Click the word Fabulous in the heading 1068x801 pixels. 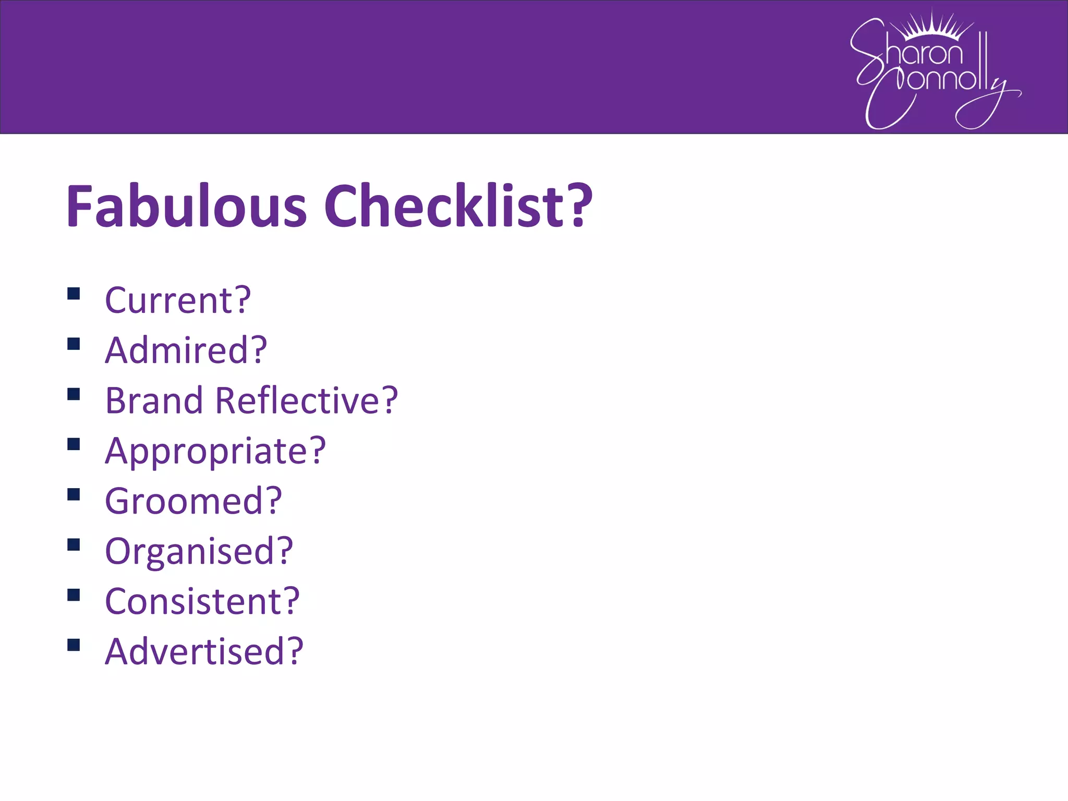click(x=186, y=206)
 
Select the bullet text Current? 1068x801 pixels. click(x=178, y=300)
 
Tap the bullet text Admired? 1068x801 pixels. click(x=186, y=350)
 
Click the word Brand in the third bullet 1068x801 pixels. click(x=154, y=400)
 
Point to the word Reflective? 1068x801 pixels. click(x=306, y=400)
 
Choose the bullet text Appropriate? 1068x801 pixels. click(x=215, y=451)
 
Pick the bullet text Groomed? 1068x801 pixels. click(x=193, y=501)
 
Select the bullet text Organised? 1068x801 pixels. click(x=199, y=551)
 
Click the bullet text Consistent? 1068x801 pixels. click(x=202, y=601)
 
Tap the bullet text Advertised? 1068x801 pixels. click(x=204, y=651)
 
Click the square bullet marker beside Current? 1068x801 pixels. click(x=74, y=294)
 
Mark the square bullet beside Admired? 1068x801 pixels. click(x=74, y=344)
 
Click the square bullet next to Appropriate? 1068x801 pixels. click(x=74, y=444)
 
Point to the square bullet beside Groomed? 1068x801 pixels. click(x=74, y=494)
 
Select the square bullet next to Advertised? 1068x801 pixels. click(x=74, y=645)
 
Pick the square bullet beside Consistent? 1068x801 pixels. click(x=74, y=595)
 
